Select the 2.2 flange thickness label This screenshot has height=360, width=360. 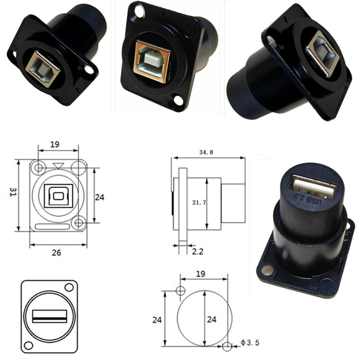pos(197,251)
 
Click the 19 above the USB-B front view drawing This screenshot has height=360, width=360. pos(55,144)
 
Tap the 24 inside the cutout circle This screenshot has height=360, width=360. pos(212,319)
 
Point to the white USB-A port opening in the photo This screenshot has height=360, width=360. pos(313,185)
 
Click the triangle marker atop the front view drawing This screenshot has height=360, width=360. pos(57,166)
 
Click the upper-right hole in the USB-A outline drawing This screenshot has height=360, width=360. pos(69,288)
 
